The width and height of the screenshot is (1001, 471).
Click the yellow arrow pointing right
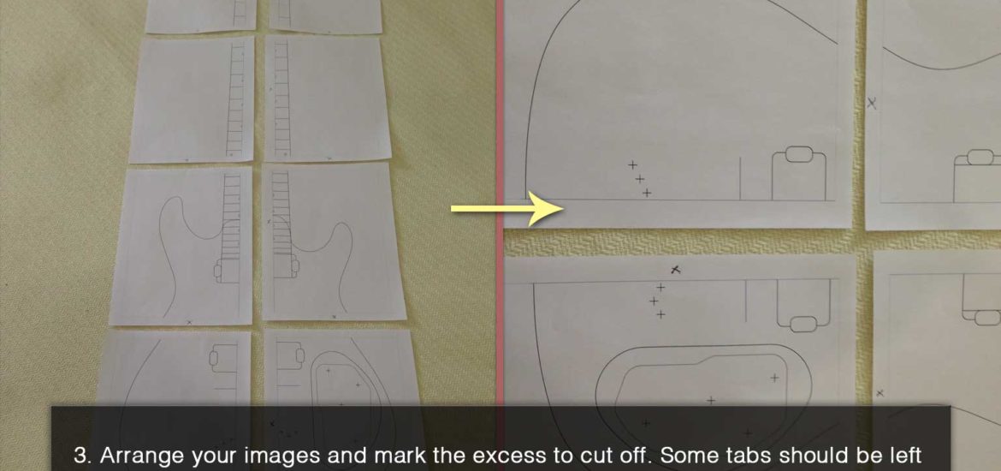point(507,208)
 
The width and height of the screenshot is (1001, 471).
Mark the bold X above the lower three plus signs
point(676,271)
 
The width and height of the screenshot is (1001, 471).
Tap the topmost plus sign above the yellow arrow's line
point(632,165)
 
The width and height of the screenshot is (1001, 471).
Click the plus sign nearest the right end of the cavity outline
point(774,378)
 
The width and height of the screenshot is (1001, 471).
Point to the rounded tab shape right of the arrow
point(798,154)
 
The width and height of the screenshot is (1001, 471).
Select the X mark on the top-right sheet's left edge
point(872,102)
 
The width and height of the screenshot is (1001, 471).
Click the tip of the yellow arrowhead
point(566,208)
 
